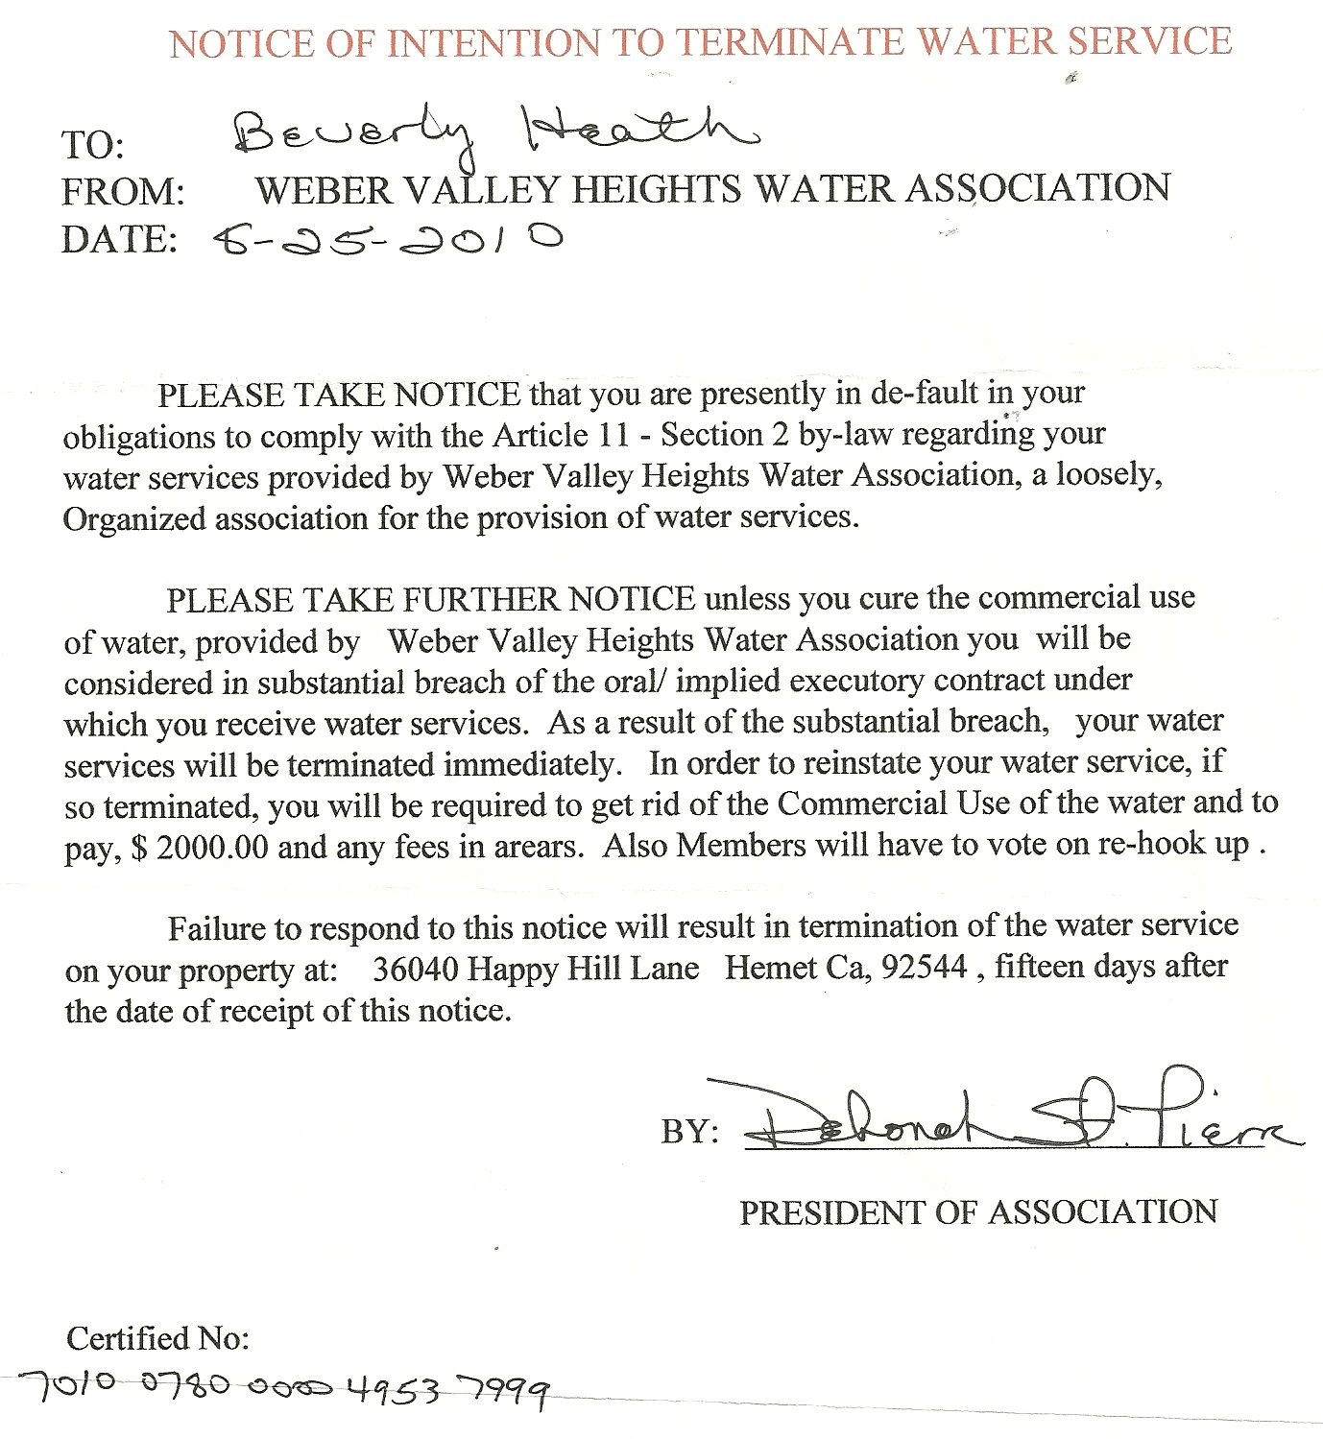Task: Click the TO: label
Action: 92,145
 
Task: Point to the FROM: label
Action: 123,192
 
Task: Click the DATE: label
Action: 119,239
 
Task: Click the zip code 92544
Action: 924,966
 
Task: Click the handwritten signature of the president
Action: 1018,1118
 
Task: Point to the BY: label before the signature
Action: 689,1131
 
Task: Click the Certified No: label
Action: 157,1338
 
